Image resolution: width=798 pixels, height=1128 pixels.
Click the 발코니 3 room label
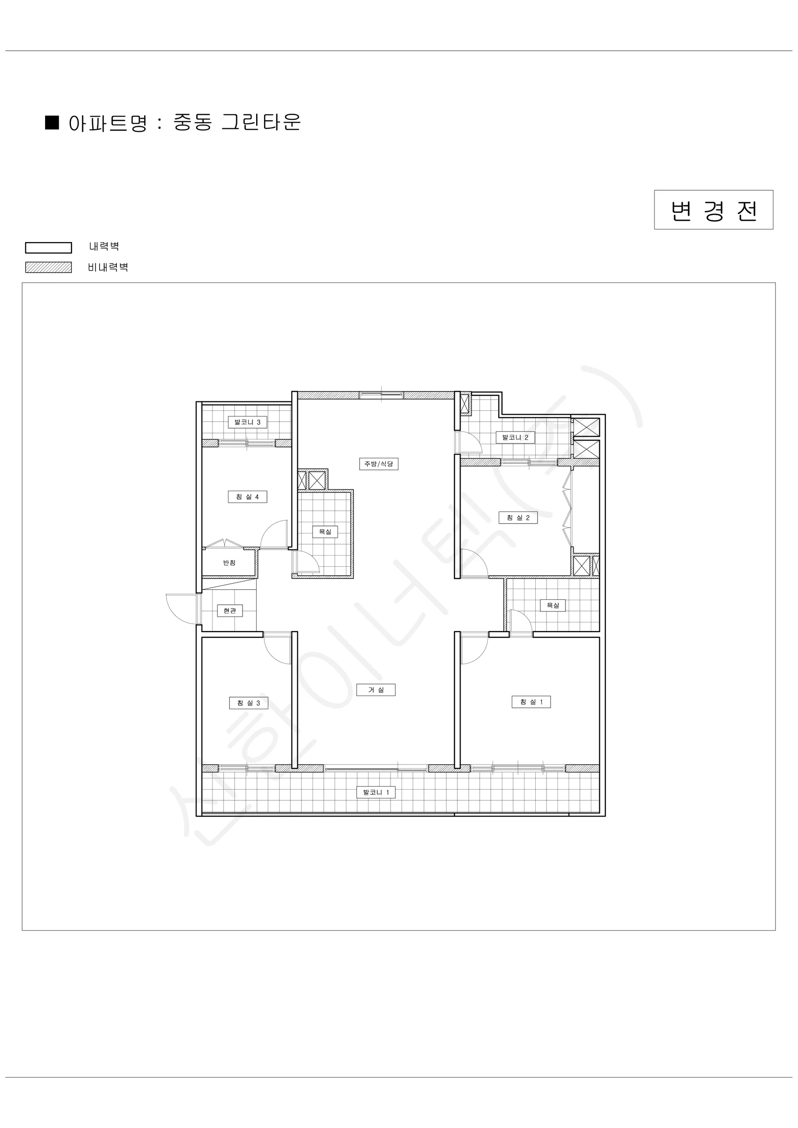point(247,422)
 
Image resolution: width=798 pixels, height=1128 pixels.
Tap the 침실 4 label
point(247,497)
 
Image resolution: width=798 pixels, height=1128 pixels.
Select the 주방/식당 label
point(378,464)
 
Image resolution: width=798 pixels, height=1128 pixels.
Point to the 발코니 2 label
point(515,437)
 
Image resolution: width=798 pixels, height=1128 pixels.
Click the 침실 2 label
point(518,517)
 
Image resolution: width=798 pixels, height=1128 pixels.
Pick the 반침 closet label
point(229,563)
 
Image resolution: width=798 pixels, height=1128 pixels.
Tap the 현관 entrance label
point(229,611)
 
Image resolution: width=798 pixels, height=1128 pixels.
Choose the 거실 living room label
point(376,690)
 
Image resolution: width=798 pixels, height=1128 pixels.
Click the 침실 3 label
point(249,703)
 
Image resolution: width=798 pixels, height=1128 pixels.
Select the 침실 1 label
point(531,702)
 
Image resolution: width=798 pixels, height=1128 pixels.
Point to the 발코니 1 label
point(376,792)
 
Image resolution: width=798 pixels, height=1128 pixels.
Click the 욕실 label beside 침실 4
point(325,532)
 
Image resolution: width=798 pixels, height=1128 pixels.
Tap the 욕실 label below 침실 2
point(553,605)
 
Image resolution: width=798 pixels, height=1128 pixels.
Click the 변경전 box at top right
point(713,210)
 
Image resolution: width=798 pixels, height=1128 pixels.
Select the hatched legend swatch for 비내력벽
point(49,267)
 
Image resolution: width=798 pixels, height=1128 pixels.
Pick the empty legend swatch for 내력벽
point(49,248)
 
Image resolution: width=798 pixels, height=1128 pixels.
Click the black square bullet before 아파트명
point(52,122)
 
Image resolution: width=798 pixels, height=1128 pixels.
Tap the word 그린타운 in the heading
point(261,122)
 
